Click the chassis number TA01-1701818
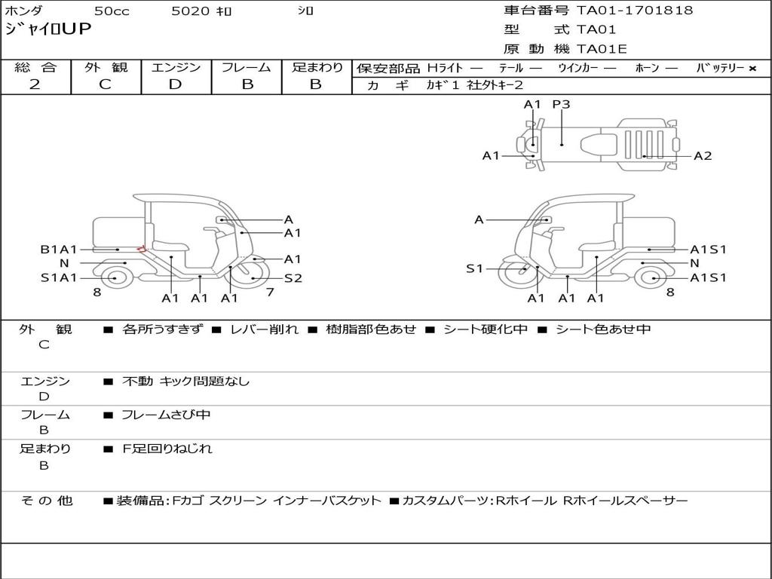click(634, 11)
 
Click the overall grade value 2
click(35, 84)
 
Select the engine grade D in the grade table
click(175, 84)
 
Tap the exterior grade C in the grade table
click(105, 84)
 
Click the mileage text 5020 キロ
click(201, 11)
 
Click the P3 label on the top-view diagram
click(561, 105)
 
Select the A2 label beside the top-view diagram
click(703, 156)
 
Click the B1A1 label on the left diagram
click(59, 250)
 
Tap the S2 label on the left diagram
click(293, 278)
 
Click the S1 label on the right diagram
click(474, 268)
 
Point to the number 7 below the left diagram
click(270, 292)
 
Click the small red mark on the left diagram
click(140, 249)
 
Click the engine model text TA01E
click(601, 50)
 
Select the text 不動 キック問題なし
click(185, 381)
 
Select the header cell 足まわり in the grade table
click(317, 68)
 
